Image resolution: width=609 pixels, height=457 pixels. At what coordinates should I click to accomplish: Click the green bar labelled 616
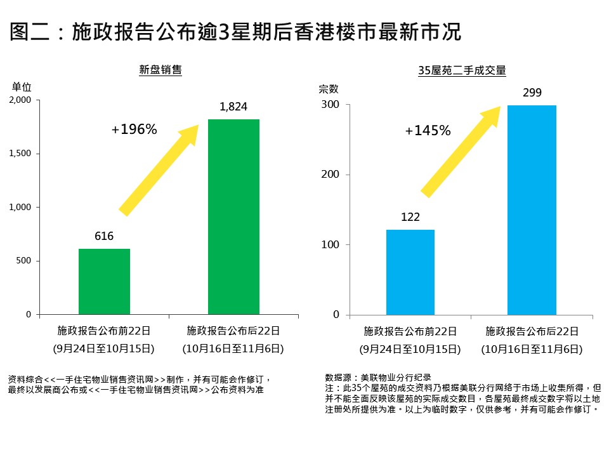[x=104, y=281]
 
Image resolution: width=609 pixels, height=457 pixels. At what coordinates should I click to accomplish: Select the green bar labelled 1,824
[x=233, y=216]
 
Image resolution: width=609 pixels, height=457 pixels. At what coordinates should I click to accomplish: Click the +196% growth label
[x=134, y=129]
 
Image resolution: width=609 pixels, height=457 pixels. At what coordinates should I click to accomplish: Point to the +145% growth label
[x=428, y=131]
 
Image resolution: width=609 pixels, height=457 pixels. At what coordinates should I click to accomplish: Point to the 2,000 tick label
[x=20, y=100]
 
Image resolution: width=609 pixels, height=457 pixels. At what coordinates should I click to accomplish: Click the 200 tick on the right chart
[x=331, y=175]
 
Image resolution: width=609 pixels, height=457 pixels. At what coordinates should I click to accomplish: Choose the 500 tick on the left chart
[x=24, y=261]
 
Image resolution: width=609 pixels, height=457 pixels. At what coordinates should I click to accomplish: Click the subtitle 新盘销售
[x=160, y=70]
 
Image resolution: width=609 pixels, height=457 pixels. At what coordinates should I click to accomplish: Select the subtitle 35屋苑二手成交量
[x=462, y=71]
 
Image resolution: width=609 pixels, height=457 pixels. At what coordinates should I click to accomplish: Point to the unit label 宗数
[x=329, y=89]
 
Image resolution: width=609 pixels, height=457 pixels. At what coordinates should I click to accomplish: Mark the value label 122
[x=410, y=217]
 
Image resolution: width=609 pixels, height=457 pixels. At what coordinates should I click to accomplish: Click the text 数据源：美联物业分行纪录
[x=377, y=376]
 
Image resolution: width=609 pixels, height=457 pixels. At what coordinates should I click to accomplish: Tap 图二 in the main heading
[x=30, y=32]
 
